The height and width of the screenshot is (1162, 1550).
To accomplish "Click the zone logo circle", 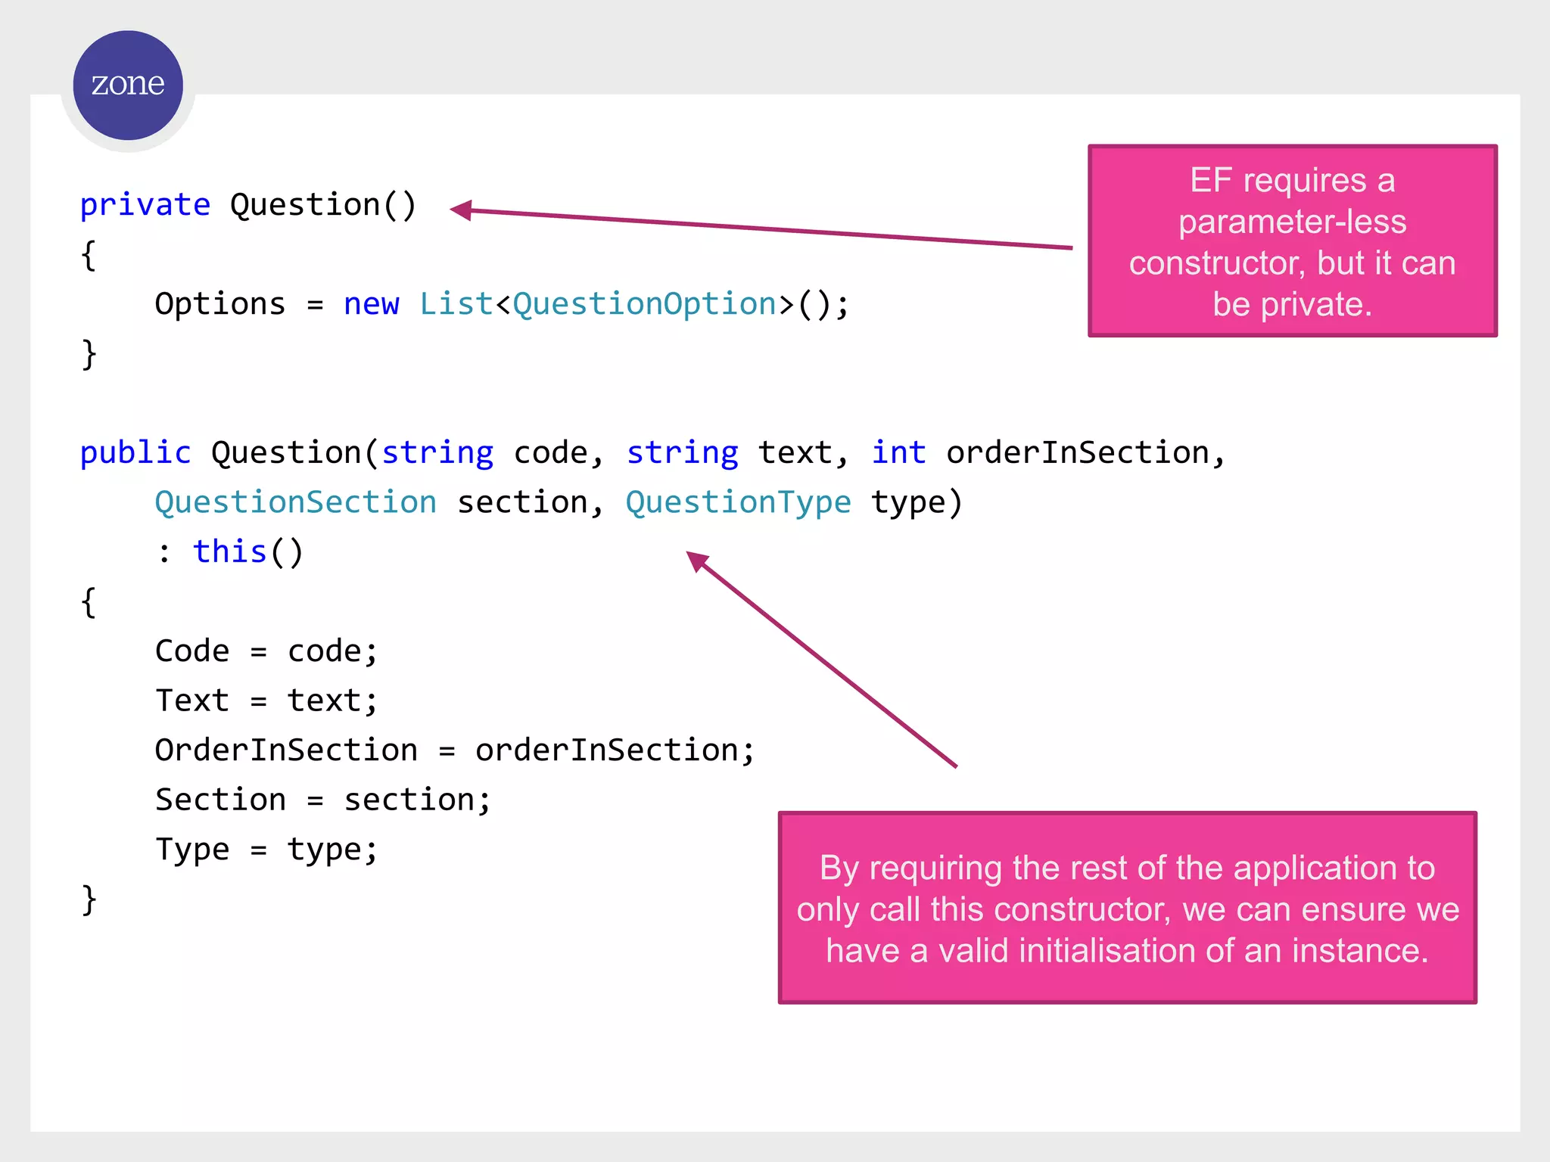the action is [x=128, y=85].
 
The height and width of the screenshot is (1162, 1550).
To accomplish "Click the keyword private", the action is [x=145, y=205].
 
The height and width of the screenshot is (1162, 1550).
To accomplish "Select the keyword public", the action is [x=135, y=453].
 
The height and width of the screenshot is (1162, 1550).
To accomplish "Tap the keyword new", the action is [x=371, y=304].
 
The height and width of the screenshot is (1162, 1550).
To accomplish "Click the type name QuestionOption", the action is [x=644, y=304].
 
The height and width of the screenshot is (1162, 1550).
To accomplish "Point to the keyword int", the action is [x=898, y=453].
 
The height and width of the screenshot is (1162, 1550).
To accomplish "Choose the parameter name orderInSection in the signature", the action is [x=1078, y=453].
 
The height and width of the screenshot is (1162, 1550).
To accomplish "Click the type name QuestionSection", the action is [x=295, y=503].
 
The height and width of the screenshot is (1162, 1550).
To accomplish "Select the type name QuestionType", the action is [x=738, y=503].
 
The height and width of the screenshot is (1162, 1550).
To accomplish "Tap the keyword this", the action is [x=229, y=552].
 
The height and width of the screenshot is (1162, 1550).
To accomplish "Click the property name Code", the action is [x=191, y=651].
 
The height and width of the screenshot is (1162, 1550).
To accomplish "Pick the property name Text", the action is [x=191, y=701].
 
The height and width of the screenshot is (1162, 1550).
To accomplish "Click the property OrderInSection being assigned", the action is [x=286, y=750].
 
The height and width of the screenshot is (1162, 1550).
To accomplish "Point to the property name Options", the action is [x=219, y=304].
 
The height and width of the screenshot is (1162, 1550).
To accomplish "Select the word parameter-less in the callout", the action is [x=1292, y=222].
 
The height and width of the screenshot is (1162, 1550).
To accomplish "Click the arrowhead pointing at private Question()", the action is [x=460, y=210].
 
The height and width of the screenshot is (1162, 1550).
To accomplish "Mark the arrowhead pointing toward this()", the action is [x=696, y=561].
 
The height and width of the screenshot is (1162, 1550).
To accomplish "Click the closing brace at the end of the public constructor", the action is [x=89, y=899].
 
